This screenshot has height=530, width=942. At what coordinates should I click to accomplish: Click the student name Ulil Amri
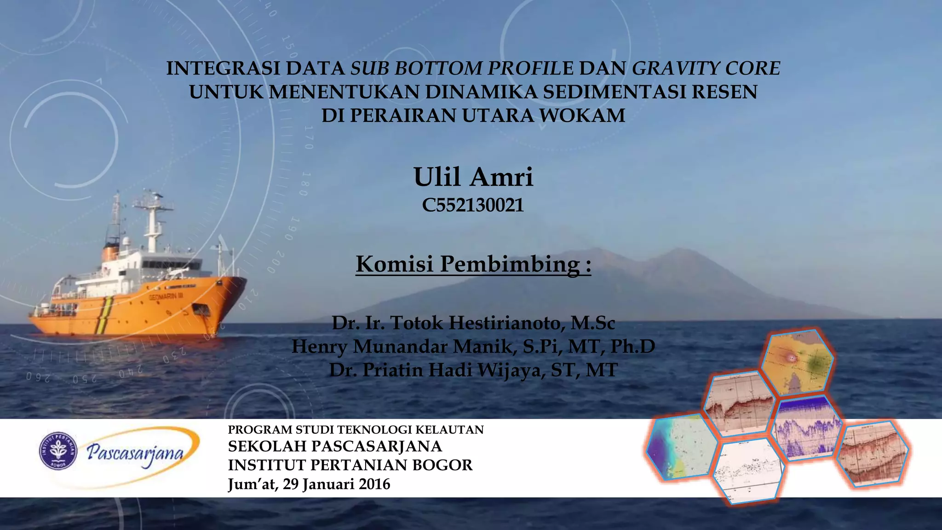[473, 177]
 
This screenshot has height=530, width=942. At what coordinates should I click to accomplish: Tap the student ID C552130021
[473, 205]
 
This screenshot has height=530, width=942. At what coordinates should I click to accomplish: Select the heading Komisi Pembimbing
[473, 264]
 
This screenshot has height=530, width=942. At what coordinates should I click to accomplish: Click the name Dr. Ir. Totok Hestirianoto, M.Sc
[473, 323]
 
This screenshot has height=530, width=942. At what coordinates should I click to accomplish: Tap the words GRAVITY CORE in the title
[706, 68]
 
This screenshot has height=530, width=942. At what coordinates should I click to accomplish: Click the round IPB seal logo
[58, 451]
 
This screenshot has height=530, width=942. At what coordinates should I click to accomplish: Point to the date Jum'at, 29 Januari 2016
[309, 484]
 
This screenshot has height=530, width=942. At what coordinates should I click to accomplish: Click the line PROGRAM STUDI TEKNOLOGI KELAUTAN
[356, 430]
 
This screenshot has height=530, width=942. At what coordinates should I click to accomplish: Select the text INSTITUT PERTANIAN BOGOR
[350, 465]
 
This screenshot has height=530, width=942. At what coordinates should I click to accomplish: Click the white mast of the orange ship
[152, 225]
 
